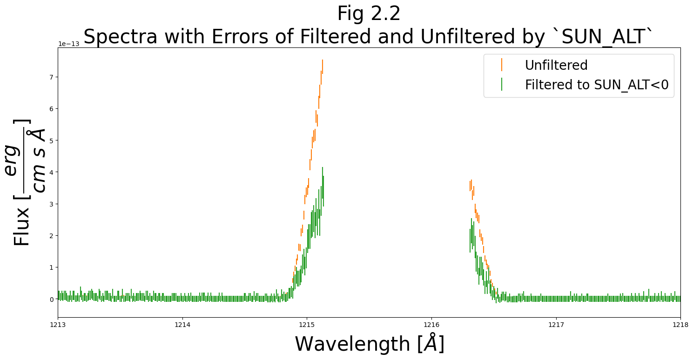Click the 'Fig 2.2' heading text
tap(369, 13)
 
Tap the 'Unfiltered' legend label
tap(556, 65)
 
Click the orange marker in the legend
tap(502, 65)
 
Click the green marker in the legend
tap(502, 85)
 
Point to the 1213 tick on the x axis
tap(58, 325)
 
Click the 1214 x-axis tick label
tap(182, 325)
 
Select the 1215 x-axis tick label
tap(307, 325)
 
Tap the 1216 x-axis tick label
tap(431, 325)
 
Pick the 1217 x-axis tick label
tap(556, 325)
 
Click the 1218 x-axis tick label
tap(680, 325)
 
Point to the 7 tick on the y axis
tap(52, 77)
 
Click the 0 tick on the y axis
tap(52, 299)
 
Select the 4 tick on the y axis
tap(52, 172)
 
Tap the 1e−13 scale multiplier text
tap(68, 44)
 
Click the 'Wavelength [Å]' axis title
tap(370, 344)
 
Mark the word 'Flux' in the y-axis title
tap(22, 228)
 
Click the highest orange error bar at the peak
tap(322, 66)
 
